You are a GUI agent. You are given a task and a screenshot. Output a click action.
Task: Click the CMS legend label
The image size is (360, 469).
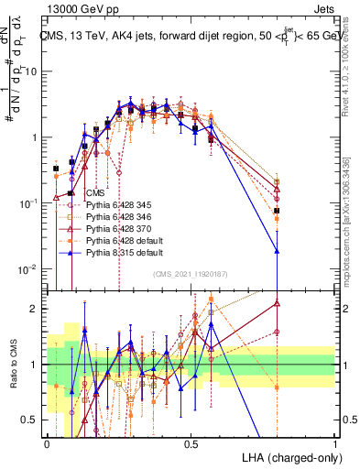click(93, 194)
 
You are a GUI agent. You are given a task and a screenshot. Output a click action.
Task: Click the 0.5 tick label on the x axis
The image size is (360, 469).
click(191, 443)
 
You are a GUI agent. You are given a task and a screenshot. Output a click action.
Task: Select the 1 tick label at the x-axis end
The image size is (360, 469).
click(335, 443)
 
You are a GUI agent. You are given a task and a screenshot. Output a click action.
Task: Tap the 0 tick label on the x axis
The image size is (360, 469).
click(48, 443)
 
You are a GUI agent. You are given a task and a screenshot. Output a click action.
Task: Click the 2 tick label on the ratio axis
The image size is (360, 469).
click(36, 309)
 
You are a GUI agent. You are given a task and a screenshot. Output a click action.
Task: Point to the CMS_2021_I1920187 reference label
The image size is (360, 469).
click(191, 275)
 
